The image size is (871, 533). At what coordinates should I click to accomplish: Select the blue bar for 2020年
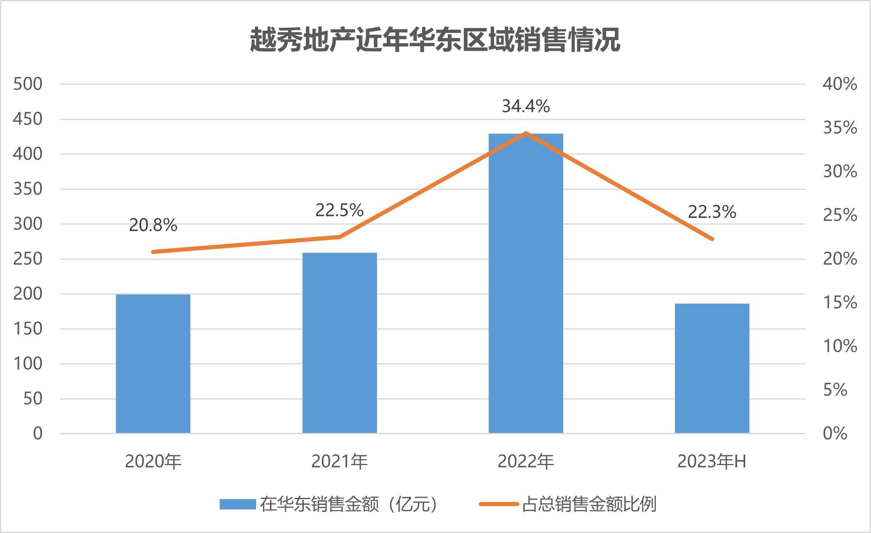pyautogui.click(x=153, y=363)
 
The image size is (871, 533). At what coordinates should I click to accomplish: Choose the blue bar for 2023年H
pyautogui.click(x=712, y=368)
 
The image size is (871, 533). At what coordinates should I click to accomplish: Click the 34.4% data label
pyautogui.click(x=525, y=107)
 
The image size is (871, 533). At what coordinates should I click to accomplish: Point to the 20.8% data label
pyautogui.click(x=153, y=225)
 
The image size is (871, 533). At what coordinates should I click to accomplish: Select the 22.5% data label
pyautogui.click(x=339, y=210)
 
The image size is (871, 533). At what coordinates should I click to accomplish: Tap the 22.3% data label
pyautogui.click(x=712, y=212)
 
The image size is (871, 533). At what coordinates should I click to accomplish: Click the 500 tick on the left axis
pyautogui.click(x=28, y=84)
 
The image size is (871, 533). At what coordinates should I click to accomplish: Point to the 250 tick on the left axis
pyautogui.click(x=28, y=259)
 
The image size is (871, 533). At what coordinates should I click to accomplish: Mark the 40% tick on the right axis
pyautogui.click(x=840, y=84)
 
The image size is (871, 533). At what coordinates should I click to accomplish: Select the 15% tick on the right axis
pyautogui.click(x=840, y=303)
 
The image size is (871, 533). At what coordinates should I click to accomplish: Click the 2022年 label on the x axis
pyautogui.click(x=525, y=462)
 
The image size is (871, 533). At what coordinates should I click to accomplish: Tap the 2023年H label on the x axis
pyautogui.click(x=712, y=462)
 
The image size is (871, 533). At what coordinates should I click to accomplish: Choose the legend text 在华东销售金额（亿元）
pyautogui.click(x=348, y=504)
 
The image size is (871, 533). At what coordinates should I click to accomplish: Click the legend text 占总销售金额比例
pyautogui.click(x=589, y=504)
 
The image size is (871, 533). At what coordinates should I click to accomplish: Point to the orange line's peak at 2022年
pyautogui.click(x=525, y=133)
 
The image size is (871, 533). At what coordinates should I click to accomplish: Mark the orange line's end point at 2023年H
pyautogui.click(x=712, y=239)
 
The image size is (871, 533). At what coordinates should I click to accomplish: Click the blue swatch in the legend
pyautogui.click(x=238, y=504)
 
